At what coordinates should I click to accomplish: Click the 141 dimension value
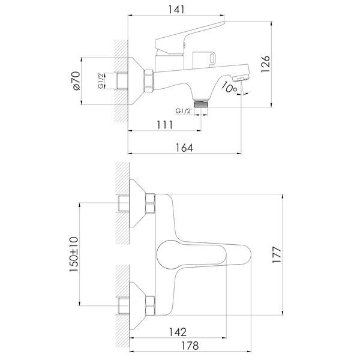tap(176, 10)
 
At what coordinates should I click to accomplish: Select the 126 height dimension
tap(265, 64)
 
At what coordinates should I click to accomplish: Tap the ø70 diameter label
tap(76, 81)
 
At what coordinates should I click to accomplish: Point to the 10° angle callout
tap(229, 87)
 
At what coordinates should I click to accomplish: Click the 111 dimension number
tap(164, 125)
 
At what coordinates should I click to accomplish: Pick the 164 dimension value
tap(184, 148)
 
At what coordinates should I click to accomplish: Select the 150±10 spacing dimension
tap(74, 254)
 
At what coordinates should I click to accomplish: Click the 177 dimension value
tap(277, 254)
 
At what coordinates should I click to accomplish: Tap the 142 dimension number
tap(178, 332)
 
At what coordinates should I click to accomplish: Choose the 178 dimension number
tap(190, 346)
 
